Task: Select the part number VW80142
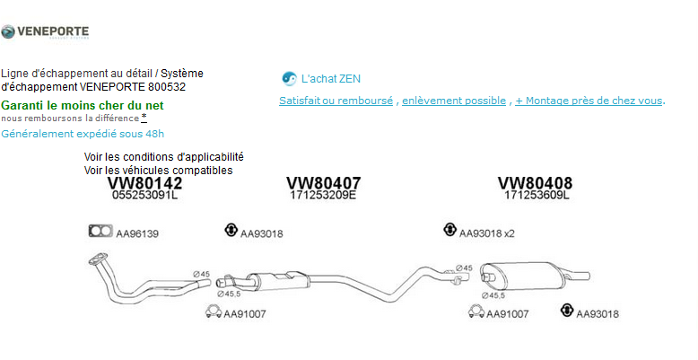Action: (144, 182)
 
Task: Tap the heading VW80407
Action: (323, 182)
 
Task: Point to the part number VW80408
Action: (535, 182)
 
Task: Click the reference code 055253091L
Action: (144, 195)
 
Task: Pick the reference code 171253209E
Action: (323, 195)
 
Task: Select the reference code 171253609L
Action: (536, 195)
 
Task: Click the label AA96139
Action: (137, 233)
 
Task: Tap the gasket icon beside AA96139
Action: (99, 232)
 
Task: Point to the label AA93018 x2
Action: (487, 233)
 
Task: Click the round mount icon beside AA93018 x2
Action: (449, 230)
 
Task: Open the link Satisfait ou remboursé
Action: (336, 101)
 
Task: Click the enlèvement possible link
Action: (453, 101)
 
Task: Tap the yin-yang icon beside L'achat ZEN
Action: (289, 78)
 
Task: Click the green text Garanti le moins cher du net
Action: (83, 105)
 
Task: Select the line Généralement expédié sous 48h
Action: (83, 134)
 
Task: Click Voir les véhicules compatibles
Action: (158, 170)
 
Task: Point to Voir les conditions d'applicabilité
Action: (163, 157)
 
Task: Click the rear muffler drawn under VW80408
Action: (521, 274)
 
